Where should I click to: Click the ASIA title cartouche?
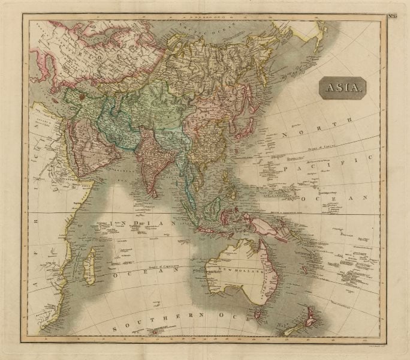tap(343, 88)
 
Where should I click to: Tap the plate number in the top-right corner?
tap(394, 16)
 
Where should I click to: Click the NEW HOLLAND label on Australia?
tap(244, 271)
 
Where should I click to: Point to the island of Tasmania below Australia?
tap(258, 312)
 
